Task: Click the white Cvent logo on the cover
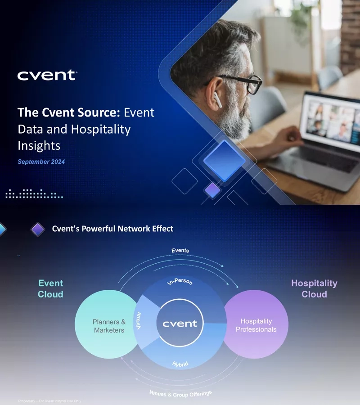point(47,76)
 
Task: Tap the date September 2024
point(41,162)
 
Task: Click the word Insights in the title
point(39,146)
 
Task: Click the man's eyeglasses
point(245,84)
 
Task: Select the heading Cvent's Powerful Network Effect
point(112,229)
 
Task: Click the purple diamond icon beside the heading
point(38,229)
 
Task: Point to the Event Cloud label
point(50,289)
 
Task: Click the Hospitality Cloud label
point(314,288)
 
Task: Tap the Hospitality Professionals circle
point(256,325)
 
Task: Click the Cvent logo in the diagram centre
point(180,324)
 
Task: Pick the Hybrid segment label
point(180,364)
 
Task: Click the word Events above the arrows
point(180,250)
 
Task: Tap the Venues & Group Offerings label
point(180,395)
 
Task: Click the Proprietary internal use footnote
point(49,401)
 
